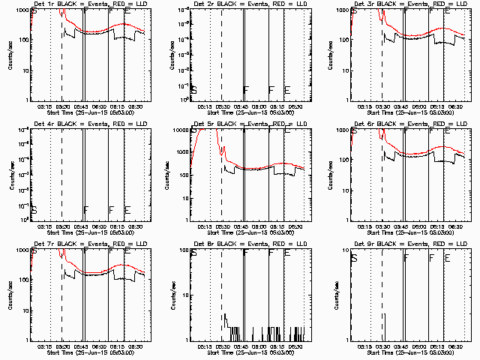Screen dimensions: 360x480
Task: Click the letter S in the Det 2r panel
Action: click(194, 90)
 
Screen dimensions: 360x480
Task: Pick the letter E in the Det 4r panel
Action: click(127, 210)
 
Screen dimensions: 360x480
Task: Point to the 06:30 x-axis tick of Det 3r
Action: click(456, 106)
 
